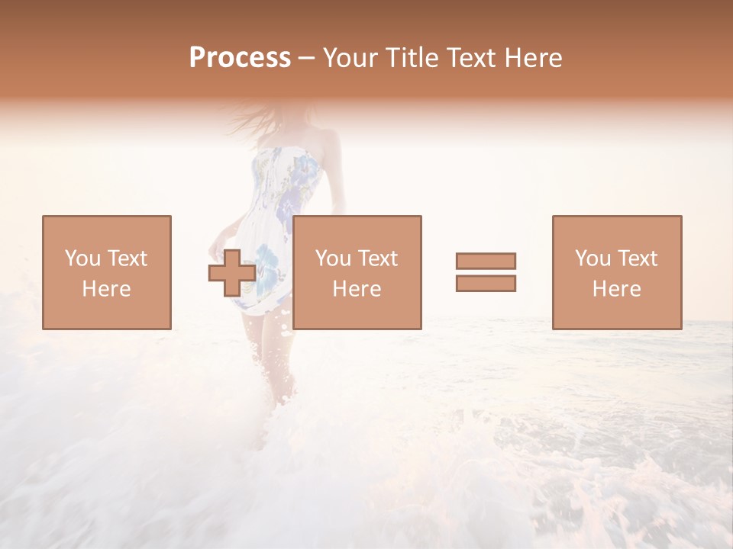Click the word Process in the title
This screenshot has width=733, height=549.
[240, 58]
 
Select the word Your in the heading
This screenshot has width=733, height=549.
[352, 58]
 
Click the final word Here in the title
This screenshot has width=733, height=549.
[534, 58]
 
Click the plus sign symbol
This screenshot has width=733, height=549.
[232, 273]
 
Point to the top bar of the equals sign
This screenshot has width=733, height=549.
[486, 261]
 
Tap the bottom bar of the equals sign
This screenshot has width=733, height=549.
[486, 284]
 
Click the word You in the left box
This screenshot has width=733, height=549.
[82, 258]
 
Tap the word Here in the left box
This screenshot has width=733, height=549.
[106, 289]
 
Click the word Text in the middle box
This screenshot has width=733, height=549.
[377, 258]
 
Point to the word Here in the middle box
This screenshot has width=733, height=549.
[357, 289]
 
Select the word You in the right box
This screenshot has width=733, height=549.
[593, 258]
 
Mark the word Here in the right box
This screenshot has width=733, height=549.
[616, 289]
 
